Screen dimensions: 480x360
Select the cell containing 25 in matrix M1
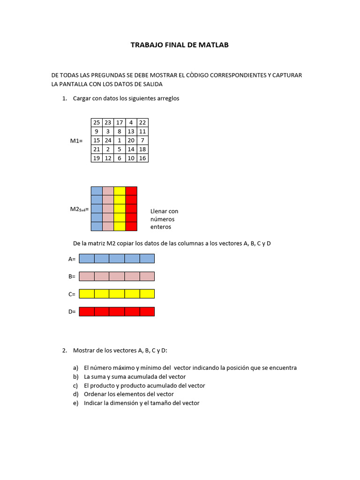pyautogui.click(x=97, y=122)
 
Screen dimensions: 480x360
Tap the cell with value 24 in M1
pyautogui.click(x=108, y=140)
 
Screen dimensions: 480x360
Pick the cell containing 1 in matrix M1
pyautogui.click(x=120, y=140)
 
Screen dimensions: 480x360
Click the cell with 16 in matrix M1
pyautogui.click(x=142, y=158)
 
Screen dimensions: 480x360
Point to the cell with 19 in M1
pyautogui.click(x=97, y=158)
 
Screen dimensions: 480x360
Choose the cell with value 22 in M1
pyautogui.click(x=142, y=122)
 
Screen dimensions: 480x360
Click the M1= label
pyautogui.click(x=76, y=141)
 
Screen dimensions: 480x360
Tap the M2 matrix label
pyautogui.click(x=79, y=209)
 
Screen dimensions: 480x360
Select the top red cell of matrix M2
pyautogui.click(x=131, y=191)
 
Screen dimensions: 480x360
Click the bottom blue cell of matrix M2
pyautogui.click(x=97, y=226)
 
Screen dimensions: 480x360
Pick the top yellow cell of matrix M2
pyautogui.click(x=120, y=191)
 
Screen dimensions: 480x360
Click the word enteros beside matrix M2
pyautogui.click(x=161, y=227)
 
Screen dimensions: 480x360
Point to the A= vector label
pyautogui.click(x=72, y=259)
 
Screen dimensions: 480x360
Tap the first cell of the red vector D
pyautogui.click(x=87, y=312)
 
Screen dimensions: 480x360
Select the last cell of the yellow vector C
pyautogui.click(x=147, y=294)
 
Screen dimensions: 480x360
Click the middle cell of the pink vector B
pyautogui.click(x=117, y=276)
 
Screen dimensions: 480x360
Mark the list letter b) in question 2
pyautogui.click(x=75, y=377)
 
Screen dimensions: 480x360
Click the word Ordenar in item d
pyautogui.click(x=96, y=394)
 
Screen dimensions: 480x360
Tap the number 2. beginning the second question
pyautogui.click(x=65, y=351)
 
